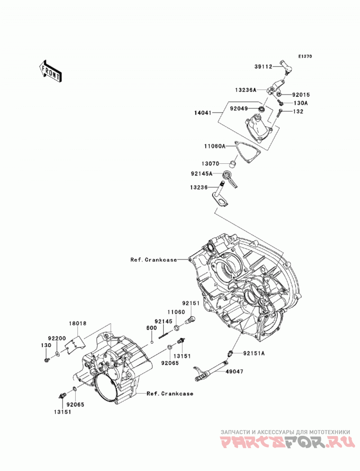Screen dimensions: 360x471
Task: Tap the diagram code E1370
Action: coord(305,56)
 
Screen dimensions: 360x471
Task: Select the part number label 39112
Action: coord(263,67)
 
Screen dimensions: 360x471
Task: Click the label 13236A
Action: coord(246,90)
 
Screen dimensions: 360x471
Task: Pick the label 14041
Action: coord(202,113)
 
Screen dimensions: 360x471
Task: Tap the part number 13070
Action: coord(210,164)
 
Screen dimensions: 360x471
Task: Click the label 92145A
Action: coord(202,173)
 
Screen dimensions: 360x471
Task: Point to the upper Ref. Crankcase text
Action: coord(153,260)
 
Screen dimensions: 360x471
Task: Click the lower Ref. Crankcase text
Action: coord(170,394)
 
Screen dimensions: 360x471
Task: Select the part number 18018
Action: coord(77,323)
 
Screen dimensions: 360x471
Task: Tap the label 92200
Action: coord(57,338)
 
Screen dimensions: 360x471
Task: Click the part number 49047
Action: coord(234,372)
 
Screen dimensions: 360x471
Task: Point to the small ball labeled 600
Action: coord(152,341)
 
